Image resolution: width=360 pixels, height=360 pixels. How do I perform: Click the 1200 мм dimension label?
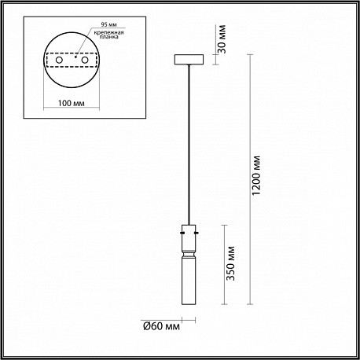256,175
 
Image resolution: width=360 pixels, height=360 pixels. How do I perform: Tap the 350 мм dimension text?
230,263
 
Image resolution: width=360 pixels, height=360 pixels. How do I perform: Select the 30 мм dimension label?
222,39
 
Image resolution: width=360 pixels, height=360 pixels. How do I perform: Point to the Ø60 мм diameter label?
162,326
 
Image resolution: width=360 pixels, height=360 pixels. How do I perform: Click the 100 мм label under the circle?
72,103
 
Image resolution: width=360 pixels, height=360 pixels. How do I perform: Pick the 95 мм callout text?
109,24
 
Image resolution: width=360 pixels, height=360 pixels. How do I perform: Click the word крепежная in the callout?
109,33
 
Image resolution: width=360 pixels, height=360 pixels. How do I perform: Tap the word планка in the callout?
109,37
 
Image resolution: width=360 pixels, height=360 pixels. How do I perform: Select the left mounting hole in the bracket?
59,60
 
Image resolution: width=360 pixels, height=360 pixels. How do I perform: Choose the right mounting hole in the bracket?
85,60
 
